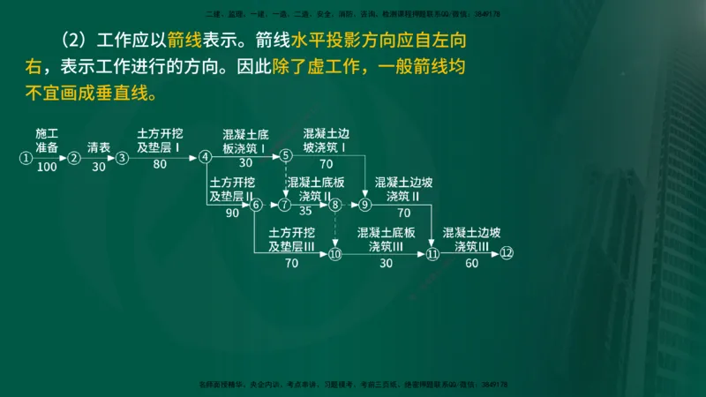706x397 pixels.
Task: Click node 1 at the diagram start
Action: (26, 158)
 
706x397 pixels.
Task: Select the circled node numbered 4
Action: (206, 157)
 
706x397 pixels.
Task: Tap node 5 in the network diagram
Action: (286, 156)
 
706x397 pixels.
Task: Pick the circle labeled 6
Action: (257, 205)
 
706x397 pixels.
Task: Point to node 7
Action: (284, 205)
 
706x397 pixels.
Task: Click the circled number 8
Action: (335, 205)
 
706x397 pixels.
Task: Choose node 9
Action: (365, 205)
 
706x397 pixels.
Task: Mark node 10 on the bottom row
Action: (334, 254)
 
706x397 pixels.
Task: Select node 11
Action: (432, 254)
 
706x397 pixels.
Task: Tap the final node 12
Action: (506, 253)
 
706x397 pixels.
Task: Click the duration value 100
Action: (47, 167)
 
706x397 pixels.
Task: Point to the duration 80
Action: (160, 165)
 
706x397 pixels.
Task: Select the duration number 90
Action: (232, 213)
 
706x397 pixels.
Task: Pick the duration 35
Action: (305, 212)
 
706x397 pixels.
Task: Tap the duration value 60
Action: (471, 263)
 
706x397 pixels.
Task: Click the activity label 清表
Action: (98, 148)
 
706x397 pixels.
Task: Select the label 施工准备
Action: (47, 139)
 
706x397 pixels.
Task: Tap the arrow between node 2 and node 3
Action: (98, 158)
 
